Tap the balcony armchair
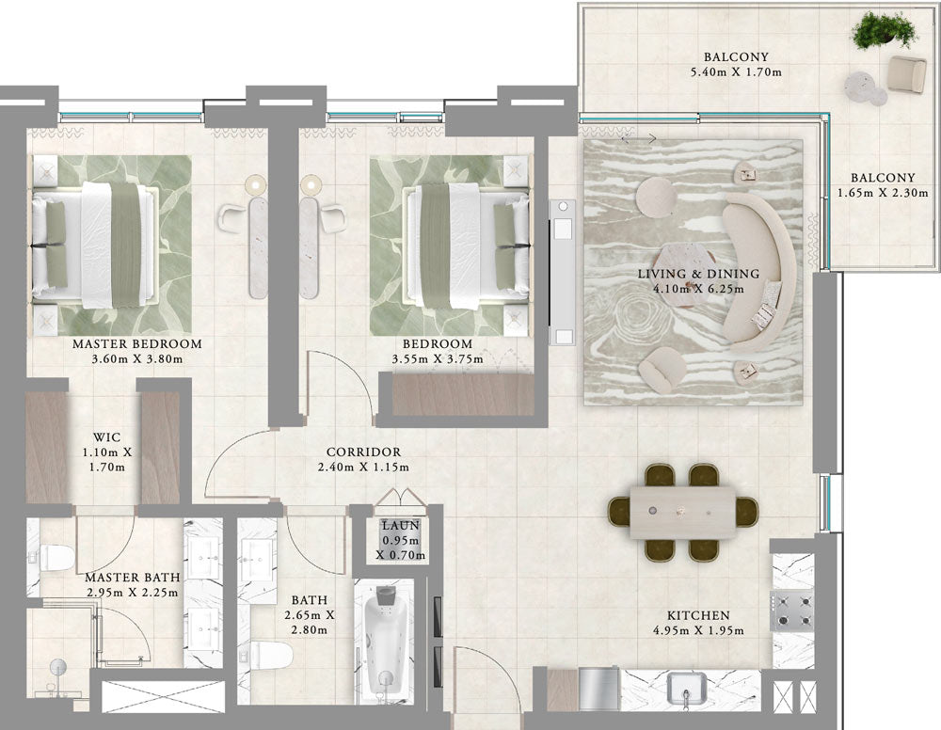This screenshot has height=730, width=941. (x=907, y=74)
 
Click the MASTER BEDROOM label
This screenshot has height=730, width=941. (x=136, y=344)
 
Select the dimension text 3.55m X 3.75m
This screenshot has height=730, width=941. (x=438, y=359)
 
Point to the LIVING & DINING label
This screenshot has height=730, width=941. (x=698, y=274)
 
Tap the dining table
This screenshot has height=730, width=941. (x=683, y=513)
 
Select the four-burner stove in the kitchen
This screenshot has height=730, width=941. (x=792, y=611)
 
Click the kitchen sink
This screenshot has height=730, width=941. (x=687, y=689)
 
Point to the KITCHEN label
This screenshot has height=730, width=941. (x=698, y=615)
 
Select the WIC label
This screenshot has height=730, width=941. (x=107, y=437)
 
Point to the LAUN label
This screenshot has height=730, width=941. (x=401, y=526)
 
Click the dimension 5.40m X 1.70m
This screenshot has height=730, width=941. (x=737, y=72)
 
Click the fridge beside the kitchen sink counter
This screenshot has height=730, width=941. (x=598, y=690)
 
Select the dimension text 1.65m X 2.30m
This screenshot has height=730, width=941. (x=883, y=193)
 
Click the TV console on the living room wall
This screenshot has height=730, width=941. (x=563, y=272)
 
